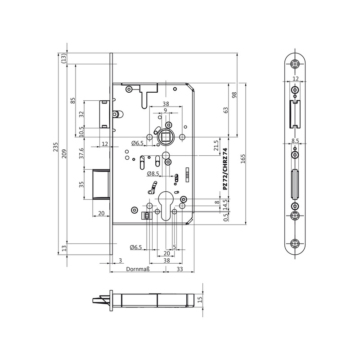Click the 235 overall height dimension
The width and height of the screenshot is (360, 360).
pyautogui.click(x=55, y=147)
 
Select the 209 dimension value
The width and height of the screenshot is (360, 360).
pyautogui.click(x=64, y=154)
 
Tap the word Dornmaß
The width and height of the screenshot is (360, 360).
pyautogui.click(x=138, y=269)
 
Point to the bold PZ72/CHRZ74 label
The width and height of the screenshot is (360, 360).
pyautogui.click(x=225, y=169)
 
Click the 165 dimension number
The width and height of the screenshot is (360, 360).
pyautogui.click(x=243, y=159)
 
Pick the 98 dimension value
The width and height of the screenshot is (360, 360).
pyautogui.click(x=234, y=95)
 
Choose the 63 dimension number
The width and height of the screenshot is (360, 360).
pyautogui.click(x=226, y=110)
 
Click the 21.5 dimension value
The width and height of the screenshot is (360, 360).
pyautogui.click(x=216, y=145)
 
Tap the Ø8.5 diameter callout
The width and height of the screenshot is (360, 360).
pyautogui.click(x=153, y=174)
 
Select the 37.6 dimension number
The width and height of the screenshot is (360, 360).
pyautogui.click(x=81, y=153)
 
